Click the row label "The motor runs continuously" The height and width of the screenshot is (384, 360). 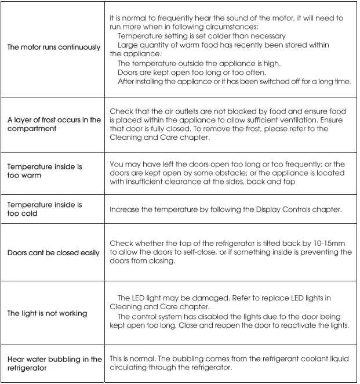coord(54,48)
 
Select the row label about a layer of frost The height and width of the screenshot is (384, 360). coord(54,124)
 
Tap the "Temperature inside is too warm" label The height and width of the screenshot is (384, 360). coord(45,171)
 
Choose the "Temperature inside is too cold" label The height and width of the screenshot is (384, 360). coord(45,209)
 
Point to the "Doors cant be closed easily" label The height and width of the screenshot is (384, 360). coord(53,253)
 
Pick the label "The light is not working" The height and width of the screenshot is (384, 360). coord(47,313)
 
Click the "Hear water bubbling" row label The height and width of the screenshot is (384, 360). coord(54,363)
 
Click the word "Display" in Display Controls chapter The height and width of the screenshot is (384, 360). coord(267,209)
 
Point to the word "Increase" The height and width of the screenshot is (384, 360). coord(126,209)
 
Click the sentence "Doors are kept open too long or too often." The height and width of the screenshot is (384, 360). coord(192,72)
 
